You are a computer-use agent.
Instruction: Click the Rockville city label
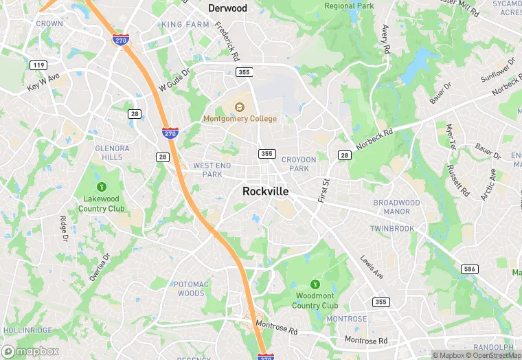point(265,192)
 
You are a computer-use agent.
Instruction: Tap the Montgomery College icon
point(240,107)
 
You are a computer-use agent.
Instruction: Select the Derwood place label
point(227,8)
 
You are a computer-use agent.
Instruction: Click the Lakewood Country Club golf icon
point(102,186)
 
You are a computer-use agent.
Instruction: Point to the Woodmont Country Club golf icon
point(315,284)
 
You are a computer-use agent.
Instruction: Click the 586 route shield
point(470,269)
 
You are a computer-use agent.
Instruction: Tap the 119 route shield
point(38,65)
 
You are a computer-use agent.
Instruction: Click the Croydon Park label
point(299,164)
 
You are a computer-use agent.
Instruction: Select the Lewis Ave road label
point(371,267)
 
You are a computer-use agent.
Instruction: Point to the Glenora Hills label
point(112,153)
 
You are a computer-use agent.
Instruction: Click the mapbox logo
point(31,351)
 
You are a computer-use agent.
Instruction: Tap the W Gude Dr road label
point(173,80)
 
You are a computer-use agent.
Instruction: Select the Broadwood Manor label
point(396,207)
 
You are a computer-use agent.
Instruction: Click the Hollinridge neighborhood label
point(27,330)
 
